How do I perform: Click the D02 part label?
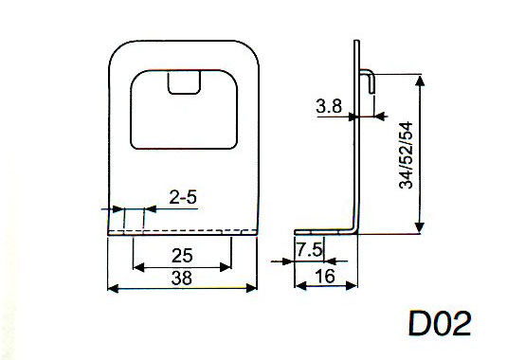[x=440, y=323]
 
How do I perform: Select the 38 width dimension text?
[x=182, y=279]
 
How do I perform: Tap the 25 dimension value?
[x=182, y=256]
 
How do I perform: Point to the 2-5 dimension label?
[x=183, y=197]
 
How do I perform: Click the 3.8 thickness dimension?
[x=329, y=106]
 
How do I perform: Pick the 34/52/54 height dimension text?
[x=407, y=155]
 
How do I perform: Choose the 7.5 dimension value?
[x=309, y=249]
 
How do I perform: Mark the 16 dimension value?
[x=326, y=277]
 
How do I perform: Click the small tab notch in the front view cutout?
[x=184, y=83]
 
